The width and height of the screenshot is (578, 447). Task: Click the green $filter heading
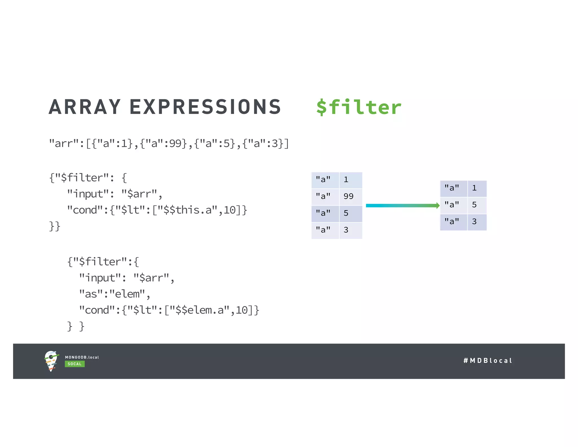click(x=359, y=107)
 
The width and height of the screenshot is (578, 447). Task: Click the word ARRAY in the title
click(x=85, y=107)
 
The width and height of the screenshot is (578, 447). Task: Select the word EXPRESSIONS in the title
click(x=205, y=107)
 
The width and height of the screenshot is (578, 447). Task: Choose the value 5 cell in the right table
click(x=477, y=205)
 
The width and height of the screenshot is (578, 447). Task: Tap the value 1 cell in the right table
click(x=477, y=188)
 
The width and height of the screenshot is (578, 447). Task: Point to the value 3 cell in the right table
click(x=477, y=222)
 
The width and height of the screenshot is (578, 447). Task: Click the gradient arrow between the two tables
click(x=402, y=205)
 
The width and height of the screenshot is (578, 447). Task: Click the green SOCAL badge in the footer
click(x=75, y=364)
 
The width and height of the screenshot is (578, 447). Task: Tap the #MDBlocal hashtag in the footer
click(x=488, y=361)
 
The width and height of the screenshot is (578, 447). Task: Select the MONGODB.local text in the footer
click(x=82, y=357)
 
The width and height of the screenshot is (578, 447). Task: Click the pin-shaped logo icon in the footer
click(x=51, y=361)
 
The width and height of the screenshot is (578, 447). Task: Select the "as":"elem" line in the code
click(x=114, y=294)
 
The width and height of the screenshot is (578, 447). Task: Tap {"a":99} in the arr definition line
click(x=163, y=144)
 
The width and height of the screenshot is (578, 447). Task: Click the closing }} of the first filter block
click(x=54, y=226)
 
